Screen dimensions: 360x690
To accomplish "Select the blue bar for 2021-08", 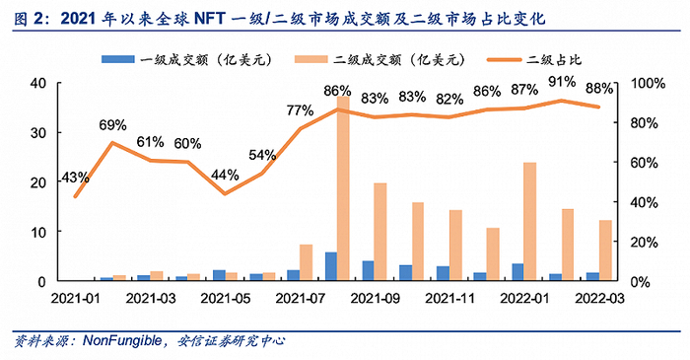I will (330, 266).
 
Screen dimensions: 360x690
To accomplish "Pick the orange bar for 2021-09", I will (380, 232).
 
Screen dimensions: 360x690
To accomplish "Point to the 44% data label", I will (224, 176).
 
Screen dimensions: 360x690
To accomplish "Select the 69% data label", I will (112, 125).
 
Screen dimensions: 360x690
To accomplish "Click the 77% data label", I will (300, 110).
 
